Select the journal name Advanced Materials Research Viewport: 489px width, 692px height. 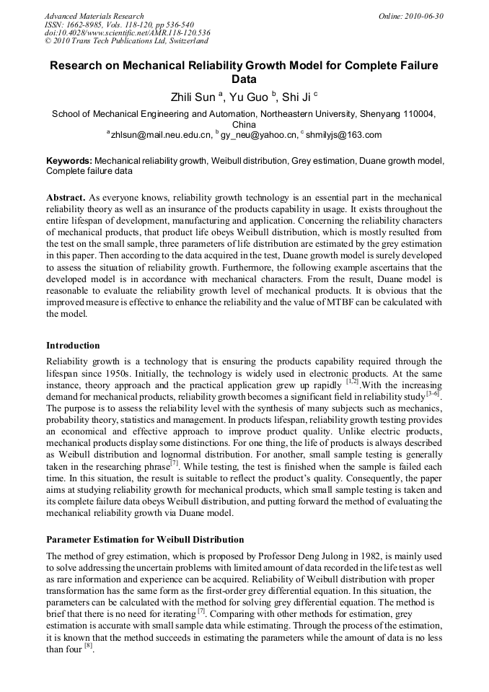point(94,16)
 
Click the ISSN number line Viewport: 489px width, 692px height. point(120,25)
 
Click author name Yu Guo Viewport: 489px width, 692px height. point(248,97)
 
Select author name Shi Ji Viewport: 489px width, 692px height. point(295,97)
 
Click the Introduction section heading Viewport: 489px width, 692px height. point(73,346)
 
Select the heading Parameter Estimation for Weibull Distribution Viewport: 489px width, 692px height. point(145,540)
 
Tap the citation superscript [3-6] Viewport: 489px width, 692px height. point(433,394)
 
